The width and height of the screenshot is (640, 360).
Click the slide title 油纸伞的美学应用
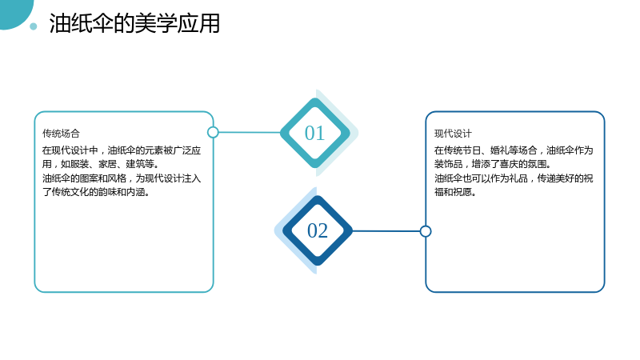coord(134,23)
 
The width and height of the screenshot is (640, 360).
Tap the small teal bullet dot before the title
coord(34,26)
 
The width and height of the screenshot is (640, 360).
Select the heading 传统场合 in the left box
coord(61,134)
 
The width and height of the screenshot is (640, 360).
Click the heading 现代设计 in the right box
coord(453,134)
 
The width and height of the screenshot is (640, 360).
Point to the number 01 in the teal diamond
coord(314,133)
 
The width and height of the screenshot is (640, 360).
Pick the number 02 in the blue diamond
coord(318,230)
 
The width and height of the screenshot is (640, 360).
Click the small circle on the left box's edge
coord(213,132)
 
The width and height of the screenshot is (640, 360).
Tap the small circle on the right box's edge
coord(426,231)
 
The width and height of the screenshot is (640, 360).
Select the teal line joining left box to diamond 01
coord(250,132)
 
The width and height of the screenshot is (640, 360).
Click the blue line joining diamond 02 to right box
coord(386,231)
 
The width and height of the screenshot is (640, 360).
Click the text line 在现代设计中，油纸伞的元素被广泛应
coord(122,150)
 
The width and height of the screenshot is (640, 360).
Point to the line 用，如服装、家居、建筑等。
coord(101,164)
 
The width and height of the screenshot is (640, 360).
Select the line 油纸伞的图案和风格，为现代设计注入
coord(122,178)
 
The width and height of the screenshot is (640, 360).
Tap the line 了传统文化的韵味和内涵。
coord(96,192)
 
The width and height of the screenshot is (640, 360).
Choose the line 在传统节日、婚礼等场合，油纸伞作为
coord(514,150)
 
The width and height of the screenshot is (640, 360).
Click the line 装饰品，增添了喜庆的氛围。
coord(493,164)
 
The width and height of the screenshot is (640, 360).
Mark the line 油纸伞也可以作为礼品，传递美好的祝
coord(514,178)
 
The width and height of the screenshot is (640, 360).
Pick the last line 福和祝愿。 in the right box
coord(455,192)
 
